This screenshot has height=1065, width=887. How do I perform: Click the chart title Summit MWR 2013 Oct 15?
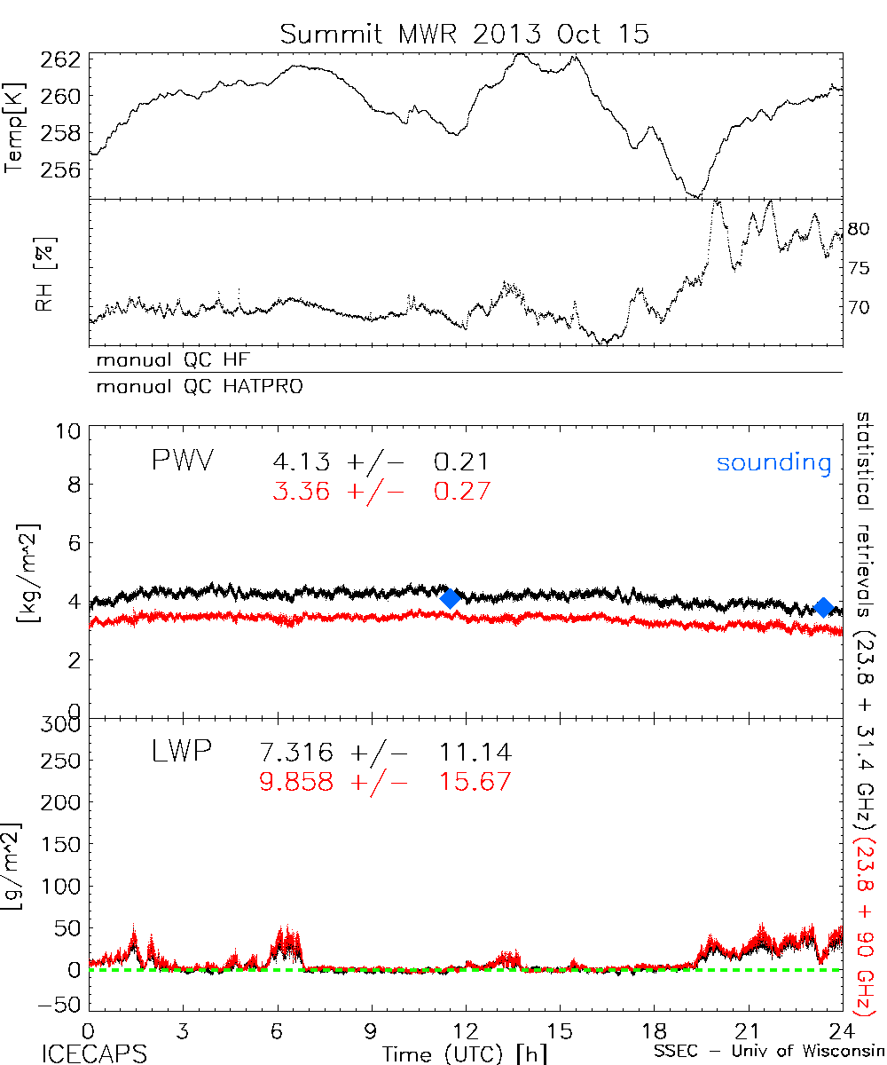pos(465,34)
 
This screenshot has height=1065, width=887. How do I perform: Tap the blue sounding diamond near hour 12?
pos(451,598)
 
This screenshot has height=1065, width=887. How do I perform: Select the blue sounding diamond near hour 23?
pos(824,607)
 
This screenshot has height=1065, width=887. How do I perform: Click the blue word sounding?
pos(774,462)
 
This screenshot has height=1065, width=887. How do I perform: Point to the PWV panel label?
pos(184,461)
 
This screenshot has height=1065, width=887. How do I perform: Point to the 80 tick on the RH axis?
pos(856,228)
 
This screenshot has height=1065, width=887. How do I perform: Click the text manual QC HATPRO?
pos(192,387)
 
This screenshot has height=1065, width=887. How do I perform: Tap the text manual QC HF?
pos(169,360)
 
